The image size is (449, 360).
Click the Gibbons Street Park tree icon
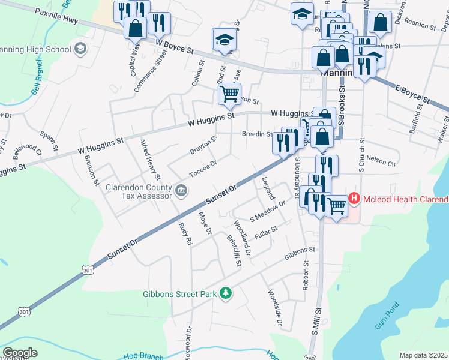point(226,293)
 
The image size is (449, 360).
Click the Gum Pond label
point(387,316)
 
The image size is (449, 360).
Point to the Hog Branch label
point(143,356)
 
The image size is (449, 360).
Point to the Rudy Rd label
point(185,233)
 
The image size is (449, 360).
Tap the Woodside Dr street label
point(275,310)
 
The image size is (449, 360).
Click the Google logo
point(20,353)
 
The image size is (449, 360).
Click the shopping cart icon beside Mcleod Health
point(337,205)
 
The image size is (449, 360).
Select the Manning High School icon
point(79,49)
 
